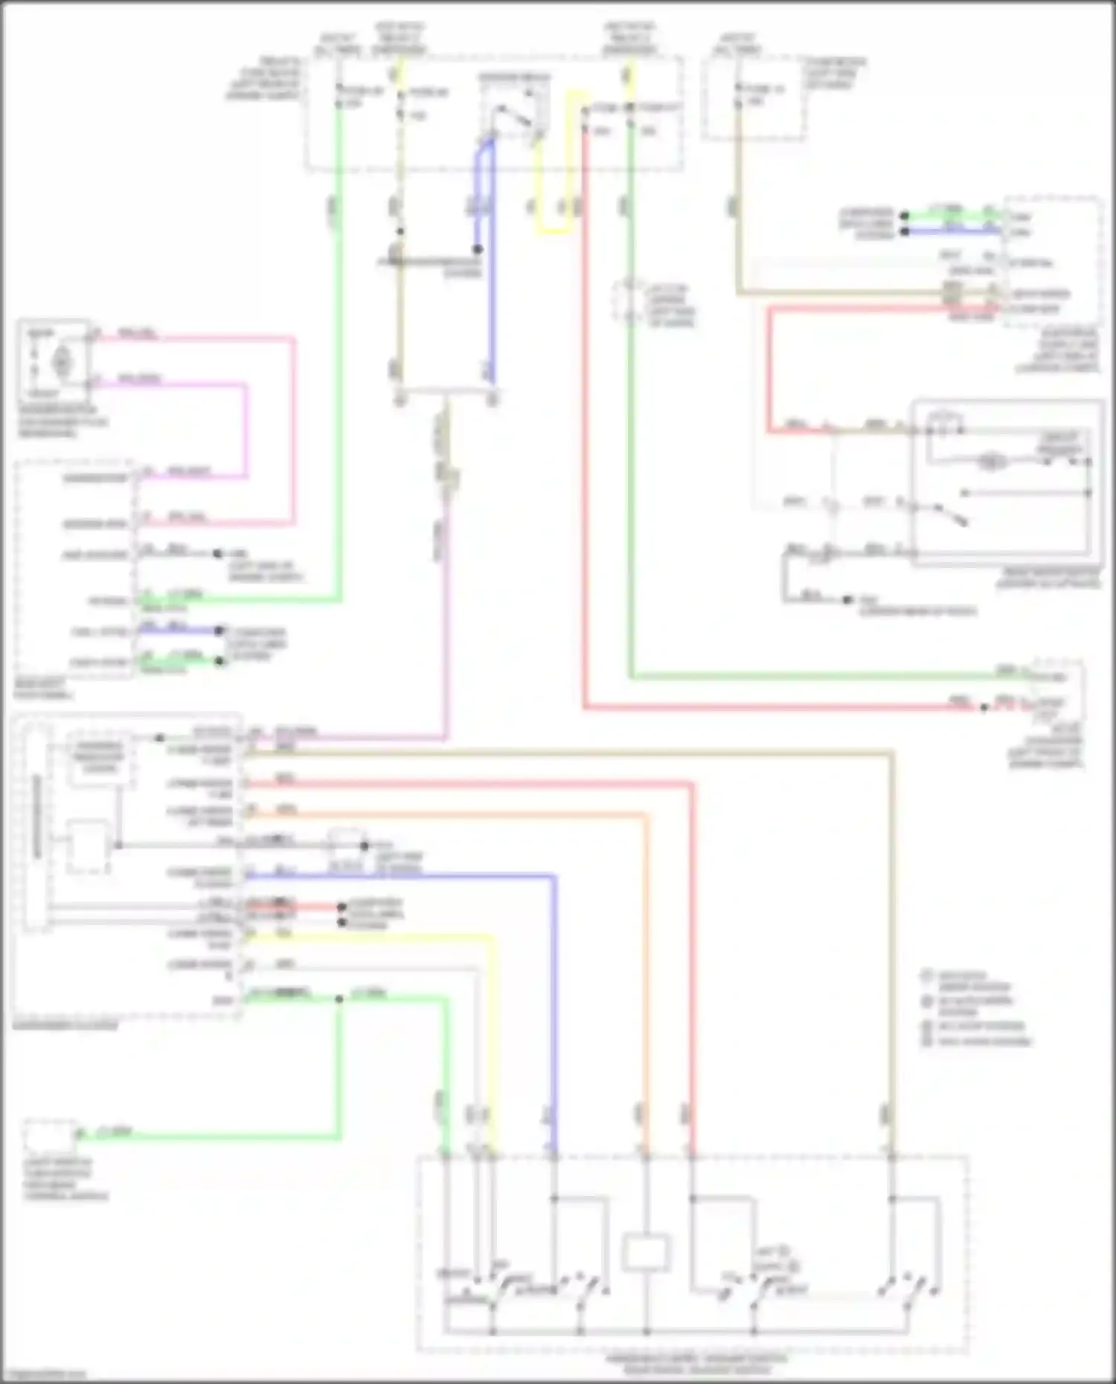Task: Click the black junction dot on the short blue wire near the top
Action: click(478, 249)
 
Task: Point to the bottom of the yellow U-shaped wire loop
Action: click(554, 231)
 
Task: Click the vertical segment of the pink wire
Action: click(292, 431)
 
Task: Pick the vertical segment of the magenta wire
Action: click(245, 431)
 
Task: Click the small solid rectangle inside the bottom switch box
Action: click(645, 1252)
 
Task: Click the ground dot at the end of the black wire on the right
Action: click(847, 599)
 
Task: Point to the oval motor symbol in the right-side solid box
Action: click(992, 461)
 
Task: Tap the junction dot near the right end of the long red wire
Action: click(984, 707)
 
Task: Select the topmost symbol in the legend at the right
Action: click(927, 975)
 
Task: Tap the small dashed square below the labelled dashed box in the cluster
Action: click(88, 846)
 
